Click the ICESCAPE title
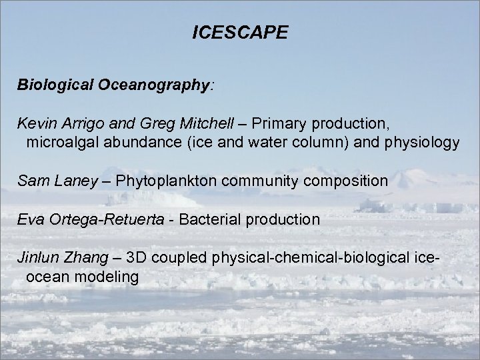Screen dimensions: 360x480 [240, 33]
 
